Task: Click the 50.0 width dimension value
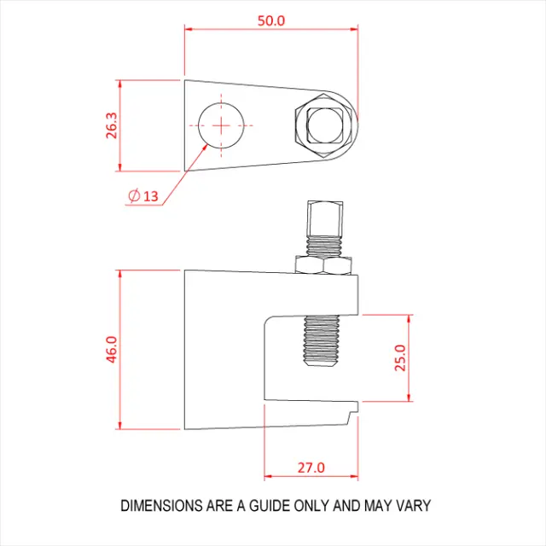click(271, 20)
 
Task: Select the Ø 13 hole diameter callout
click(142, 196)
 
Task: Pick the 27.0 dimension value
click(311, 468)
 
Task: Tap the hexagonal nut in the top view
click(322, 125)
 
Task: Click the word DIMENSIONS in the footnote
click(161, 506)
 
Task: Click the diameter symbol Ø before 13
click(133, 196)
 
